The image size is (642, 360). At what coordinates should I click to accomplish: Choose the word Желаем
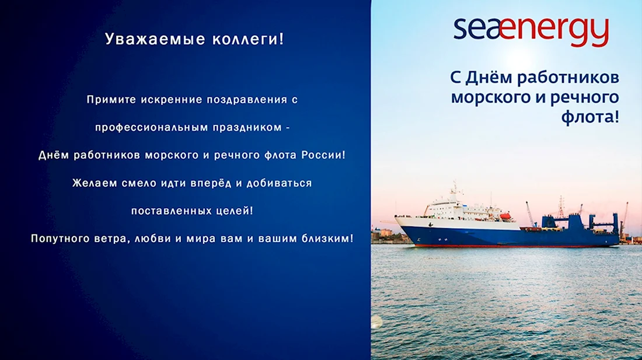point(94,183)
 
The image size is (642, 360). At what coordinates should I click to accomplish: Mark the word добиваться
point(279,183)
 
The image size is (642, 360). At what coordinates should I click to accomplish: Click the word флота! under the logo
point(590,117)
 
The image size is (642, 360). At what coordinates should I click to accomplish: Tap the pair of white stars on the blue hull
point(442,239)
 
